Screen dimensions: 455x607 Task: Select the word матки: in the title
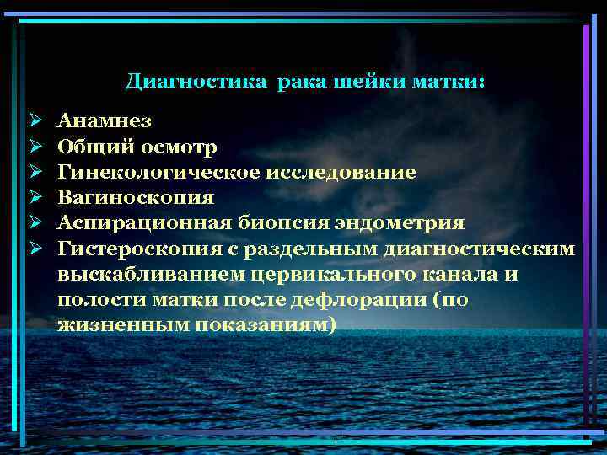point(449,83)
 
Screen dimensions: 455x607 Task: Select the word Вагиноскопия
point(136,198)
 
